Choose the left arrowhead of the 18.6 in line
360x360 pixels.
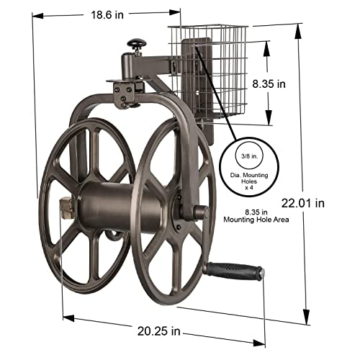pyautogui.click(x=33, y=16)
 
